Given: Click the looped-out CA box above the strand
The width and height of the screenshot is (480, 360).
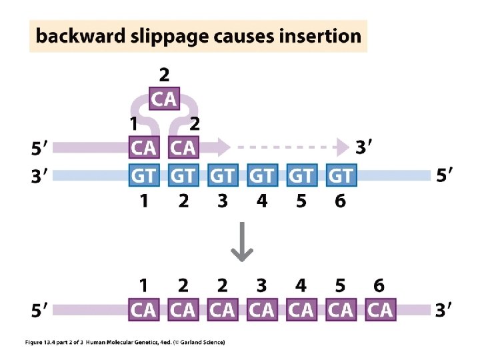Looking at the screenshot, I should [164, 99].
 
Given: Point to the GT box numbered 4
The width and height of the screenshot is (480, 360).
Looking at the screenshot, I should [262, 176].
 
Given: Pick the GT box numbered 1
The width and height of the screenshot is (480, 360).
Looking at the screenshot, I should [144, 176].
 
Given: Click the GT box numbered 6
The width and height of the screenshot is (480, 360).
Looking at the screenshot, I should [341, 176].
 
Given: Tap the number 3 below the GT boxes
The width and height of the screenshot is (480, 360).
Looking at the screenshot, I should [223, 201].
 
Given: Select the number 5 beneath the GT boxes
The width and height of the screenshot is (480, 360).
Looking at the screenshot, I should [301, 201].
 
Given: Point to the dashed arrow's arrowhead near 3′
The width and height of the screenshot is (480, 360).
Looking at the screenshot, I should [343, 146].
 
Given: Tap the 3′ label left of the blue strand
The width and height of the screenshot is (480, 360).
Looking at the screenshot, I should [40, 177].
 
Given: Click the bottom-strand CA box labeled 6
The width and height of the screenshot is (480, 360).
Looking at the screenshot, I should [380, 310].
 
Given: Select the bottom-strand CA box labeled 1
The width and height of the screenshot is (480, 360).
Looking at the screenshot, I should [144, 310].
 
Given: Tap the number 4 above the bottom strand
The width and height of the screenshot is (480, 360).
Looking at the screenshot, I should [301, 286].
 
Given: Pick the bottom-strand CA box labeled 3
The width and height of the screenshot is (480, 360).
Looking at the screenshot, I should [262, 310].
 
